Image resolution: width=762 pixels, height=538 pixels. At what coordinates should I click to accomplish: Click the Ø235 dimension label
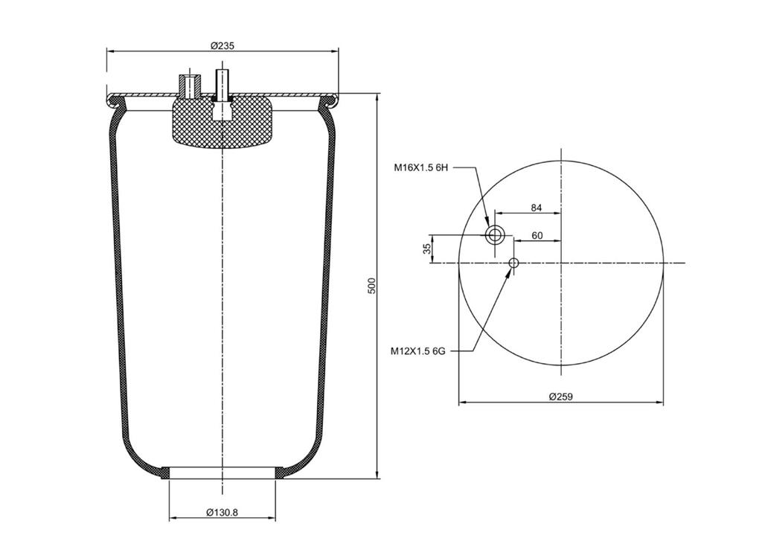point(222,45)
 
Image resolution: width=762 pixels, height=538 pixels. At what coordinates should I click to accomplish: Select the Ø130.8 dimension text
point(222,512)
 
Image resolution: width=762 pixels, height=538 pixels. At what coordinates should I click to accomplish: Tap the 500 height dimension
point(372,286)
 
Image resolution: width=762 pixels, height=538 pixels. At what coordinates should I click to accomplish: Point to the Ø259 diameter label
point(561,397)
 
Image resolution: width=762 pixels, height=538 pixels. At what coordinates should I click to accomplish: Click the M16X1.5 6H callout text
point(420,168)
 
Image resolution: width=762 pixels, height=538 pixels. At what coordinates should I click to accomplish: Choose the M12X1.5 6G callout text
point(418,351)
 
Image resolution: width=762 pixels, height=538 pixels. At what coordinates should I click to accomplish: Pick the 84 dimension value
point(536,208)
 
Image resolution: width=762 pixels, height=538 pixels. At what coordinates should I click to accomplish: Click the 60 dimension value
point(537,236)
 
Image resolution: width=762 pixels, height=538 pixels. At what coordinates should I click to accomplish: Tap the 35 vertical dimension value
point(427,249)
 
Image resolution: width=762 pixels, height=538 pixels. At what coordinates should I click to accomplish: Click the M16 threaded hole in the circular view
point(495,236)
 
